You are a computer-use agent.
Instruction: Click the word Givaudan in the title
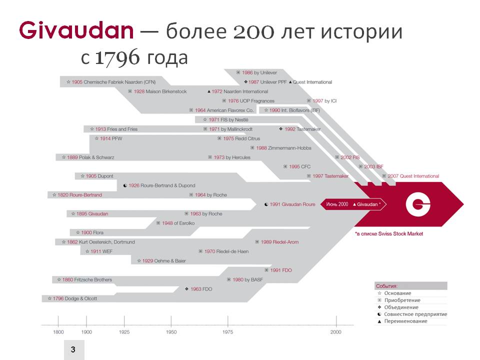[76, 30]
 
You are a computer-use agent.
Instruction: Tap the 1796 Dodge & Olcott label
[72, 298]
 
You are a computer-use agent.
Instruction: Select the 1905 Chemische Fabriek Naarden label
[111, 82]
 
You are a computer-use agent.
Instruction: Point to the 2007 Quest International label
[410, 176]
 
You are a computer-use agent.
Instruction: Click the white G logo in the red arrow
[418, 204]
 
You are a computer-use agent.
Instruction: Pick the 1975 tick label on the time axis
[227, 332]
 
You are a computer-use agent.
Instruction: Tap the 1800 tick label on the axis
[58, 332]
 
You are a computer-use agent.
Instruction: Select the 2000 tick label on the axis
[336, 332]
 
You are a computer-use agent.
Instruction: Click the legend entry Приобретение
[399, 300]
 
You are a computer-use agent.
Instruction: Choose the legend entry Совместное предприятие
[412, 314]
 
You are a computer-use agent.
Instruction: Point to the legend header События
[386, 286]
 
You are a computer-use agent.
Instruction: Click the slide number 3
[73, 349]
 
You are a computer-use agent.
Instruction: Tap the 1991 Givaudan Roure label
[289, 204]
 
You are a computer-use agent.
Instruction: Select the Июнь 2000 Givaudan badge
[353, 204]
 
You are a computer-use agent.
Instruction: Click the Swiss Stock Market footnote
[389, 234]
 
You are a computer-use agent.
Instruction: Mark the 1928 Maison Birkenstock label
[157, 91]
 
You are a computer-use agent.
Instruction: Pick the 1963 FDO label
[198, 289]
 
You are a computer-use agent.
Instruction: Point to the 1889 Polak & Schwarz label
[88, 157]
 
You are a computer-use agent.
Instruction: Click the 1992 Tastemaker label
[299, 129]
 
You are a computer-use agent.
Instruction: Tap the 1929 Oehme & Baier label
[161, 261]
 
